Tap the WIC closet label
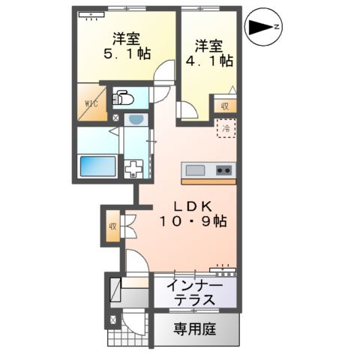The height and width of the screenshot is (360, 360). click(90, 103)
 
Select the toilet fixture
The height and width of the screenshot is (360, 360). click(122, 98)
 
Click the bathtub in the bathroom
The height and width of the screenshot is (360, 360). click(97, 165)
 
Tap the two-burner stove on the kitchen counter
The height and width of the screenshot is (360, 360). click(223, 169)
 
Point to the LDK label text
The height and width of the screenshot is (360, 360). click(190, 205)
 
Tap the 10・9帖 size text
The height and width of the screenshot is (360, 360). click(191, 222)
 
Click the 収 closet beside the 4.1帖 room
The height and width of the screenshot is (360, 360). click(224, 106)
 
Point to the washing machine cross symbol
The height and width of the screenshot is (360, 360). click(133, 169)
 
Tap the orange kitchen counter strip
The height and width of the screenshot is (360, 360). click(208, 181)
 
